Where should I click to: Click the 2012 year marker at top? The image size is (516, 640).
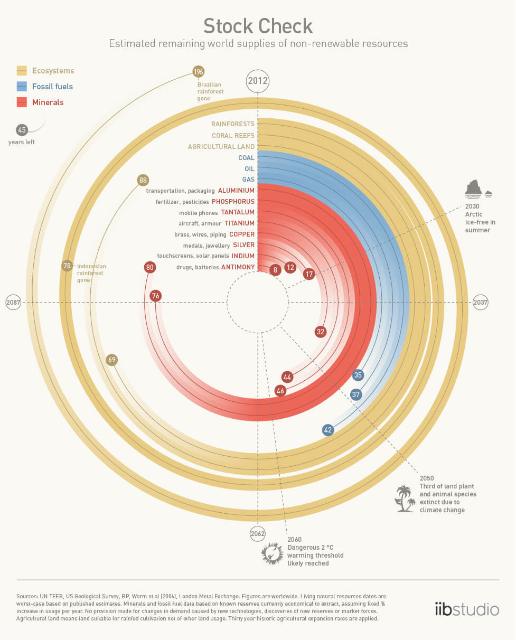(x=258, y=82)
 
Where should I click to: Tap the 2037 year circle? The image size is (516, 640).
(x=481, y=303)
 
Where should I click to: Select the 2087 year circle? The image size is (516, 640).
(x=13, y=303)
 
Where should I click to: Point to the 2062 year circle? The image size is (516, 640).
(x=258, y=533)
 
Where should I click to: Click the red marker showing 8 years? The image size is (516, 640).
(x=275, y=270)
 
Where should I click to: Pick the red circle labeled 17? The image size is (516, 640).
(x=309, y=274)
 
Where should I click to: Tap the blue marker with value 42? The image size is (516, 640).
(x=328, y=430)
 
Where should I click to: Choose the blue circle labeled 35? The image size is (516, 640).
(x=358, y=375)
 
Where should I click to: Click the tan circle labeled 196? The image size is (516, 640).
(x=199, y=72)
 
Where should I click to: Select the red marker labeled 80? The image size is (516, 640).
(x=150, y=268)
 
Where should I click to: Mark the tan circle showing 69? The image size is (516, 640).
(x=111, y=360)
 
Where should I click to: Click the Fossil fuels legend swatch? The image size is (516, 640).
(x=22, y=87)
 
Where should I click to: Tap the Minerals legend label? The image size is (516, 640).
(x=48, y=102)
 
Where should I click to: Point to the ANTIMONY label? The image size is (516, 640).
(x=238, y=267)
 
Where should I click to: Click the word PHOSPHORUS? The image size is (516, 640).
(x=233, y=202)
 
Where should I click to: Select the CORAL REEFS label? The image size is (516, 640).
(x=233, y=135)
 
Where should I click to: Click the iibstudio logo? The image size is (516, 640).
(x=466, y=608)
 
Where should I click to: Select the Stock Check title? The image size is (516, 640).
(x=258, y=26)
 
